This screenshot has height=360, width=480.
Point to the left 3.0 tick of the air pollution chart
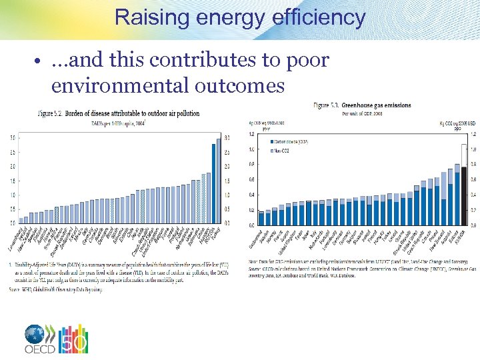tap(13, 138)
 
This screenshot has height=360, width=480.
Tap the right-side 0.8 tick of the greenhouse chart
tap(473, 165)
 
